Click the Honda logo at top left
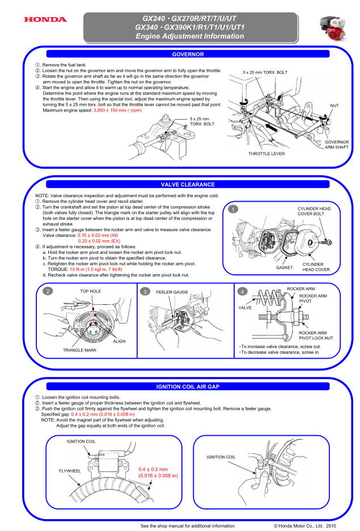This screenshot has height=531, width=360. pyautogui.click(x=45, y=20)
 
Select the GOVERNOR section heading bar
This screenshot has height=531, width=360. pyautogui.click(x=188, y=54)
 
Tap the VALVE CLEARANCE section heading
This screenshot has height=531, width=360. pyautogui.click(x=188, y=184)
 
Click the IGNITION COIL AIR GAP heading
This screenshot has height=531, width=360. pyautogui.click(x=188, y=386)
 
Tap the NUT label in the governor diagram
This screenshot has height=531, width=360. pyautogui.click(x=334, y=105)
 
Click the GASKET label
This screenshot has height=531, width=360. pyautogui.click(x=284, y=266)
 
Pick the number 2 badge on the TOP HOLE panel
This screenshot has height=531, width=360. pyautogui.click(x=49, y=291)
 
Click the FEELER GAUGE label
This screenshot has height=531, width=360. pyautogui.click(x=172, y=291)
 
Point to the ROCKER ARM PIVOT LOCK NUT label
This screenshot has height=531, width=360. pyautogui.click(x=316, y=335)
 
